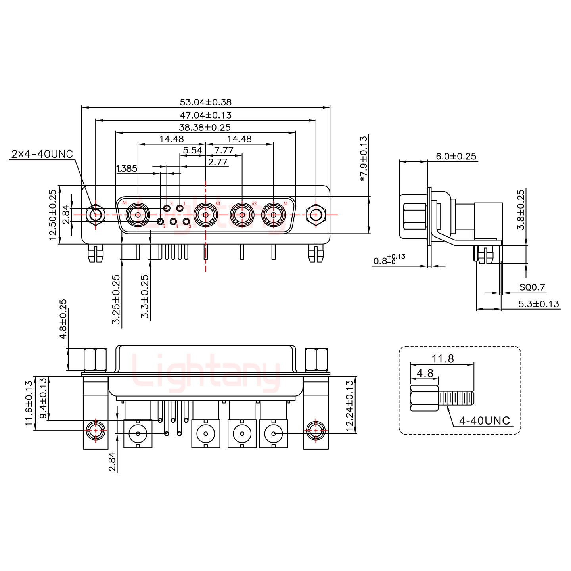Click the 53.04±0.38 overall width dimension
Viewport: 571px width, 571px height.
tap(205, 102)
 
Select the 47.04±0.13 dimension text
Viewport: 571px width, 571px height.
tap(205, 115)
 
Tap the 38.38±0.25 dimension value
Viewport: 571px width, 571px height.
tap(205, 128)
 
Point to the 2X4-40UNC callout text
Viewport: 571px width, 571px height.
tap(42, 154)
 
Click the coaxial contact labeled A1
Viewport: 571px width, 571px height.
tap(274, 215)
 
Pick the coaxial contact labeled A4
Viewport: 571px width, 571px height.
tap(138, 215)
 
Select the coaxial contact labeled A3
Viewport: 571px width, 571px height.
tap(205, 215)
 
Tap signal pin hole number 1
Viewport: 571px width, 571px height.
tap(180, 208)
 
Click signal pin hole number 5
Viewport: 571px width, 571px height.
tap(161, 222)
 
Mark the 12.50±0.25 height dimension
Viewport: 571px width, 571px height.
tap(53, 215)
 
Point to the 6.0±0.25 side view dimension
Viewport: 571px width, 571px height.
tap(456, 156)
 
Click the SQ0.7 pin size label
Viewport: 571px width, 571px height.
tap(532, 287)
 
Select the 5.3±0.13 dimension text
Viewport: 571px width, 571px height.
tap(538, 304)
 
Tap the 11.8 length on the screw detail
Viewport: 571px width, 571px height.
tap(443, 359)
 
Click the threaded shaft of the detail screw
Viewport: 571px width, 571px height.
tap(456, 399)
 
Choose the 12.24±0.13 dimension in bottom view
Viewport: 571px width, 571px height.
tap(349, 406)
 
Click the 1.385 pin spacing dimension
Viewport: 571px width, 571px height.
tap(126, 169)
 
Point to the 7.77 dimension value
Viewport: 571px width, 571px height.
tap(224, 150)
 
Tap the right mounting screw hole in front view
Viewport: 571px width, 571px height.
tap(316, 215)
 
